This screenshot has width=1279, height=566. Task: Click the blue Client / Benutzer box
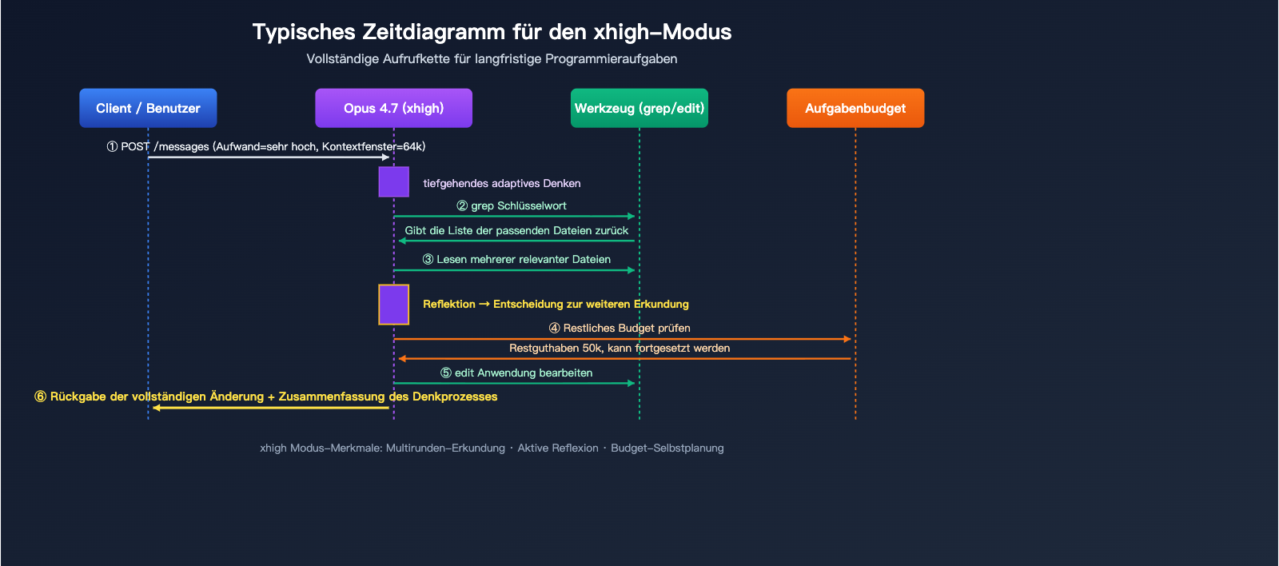[148, 108]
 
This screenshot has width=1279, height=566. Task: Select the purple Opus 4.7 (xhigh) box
[393, 108]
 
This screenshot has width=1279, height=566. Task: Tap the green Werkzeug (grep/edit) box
[639, 108]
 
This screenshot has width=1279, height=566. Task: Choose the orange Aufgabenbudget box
[855, 108]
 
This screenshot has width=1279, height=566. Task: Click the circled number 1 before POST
[112, 147]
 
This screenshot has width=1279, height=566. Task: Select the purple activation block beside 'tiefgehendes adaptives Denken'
[393, 181]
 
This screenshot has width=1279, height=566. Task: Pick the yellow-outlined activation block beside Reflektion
[393, 305]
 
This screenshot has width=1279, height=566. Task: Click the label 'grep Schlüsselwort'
[519, 206]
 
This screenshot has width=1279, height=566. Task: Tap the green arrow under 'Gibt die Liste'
[516, 241]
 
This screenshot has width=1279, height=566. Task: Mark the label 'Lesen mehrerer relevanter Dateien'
[524, 260]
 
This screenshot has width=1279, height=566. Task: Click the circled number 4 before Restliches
[554, 329]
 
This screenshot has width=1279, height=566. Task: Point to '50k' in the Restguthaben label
[592, 349]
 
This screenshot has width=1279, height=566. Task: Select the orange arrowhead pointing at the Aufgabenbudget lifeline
[847, 339]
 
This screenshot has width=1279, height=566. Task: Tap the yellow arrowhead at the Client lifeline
[157, 408]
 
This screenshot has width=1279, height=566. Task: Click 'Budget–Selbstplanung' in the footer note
[667, 448]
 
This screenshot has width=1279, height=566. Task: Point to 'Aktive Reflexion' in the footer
[558, 448]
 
